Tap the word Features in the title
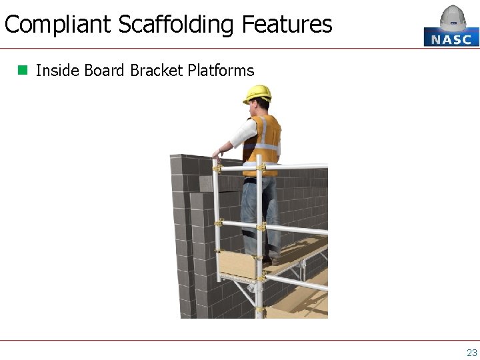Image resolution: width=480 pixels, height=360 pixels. pos(287,25)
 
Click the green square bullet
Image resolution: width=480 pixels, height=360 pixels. pos(23,69)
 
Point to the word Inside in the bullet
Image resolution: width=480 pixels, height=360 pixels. pos(53,70)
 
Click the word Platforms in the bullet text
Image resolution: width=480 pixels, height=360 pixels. pos(221,70)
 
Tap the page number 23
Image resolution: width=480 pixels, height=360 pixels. pos(471,353)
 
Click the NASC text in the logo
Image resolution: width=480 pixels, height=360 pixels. pos(451,39)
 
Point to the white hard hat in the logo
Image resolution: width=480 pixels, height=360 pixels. pos(453,18)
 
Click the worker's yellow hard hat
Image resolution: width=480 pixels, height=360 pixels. pos(257,93)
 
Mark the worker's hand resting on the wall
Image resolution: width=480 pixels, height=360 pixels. pos(217,154)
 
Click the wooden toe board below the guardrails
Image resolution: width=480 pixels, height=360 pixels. pos(237,265)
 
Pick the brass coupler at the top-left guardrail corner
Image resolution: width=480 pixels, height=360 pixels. pos(217,169)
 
